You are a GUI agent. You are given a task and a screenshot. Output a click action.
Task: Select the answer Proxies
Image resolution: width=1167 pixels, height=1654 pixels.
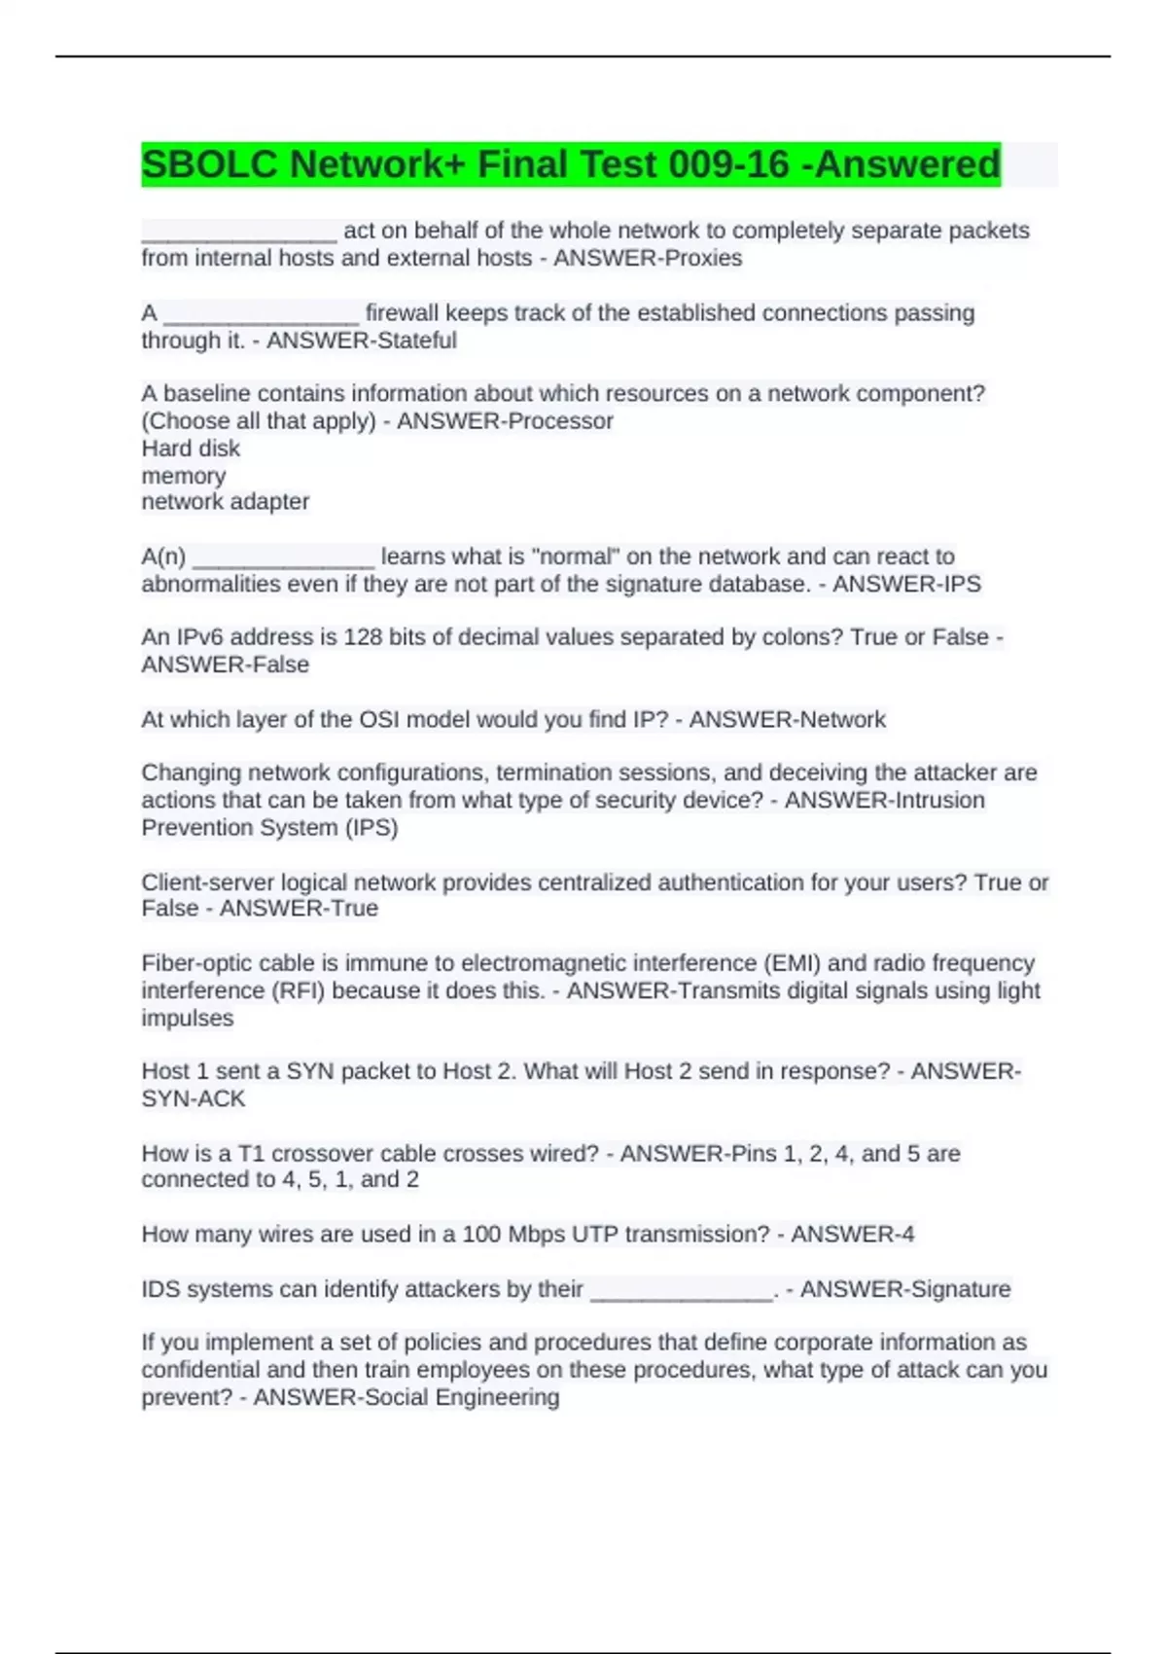click(706, 258)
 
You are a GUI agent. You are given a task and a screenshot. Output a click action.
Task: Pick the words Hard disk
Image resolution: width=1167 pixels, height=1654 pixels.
click(191, 449)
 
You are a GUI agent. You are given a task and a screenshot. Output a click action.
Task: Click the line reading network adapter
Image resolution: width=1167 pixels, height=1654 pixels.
click(226, 502)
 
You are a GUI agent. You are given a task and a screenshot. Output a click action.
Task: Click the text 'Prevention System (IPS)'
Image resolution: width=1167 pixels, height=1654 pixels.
click(269, 828)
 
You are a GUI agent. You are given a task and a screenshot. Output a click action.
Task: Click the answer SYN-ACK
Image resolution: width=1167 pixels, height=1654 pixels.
click(194, 1099)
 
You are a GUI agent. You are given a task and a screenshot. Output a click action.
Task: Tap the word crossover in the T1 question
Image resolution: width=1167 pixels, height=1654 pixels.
click(322, 1154)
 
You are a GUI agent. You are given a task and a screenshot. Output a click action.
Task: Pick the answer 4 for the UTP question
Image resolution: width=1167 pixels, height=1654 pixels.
click(907, 1235)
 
